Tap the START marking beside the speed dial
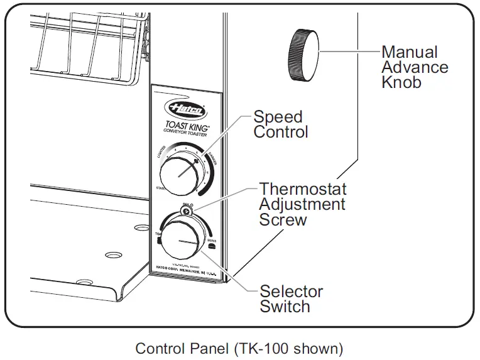tap(160, 188)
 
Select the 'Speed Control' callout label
tap(281, 124)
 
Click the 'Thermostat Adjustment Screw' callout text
tap(302, 204)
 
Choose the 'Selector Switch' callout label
tap(291, 299)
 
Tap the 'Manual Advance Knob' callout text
tap(415, 67)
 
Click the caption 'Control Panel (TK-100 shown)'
tap(239, 347)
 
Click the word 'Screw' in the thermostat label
tap(283, 220)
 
